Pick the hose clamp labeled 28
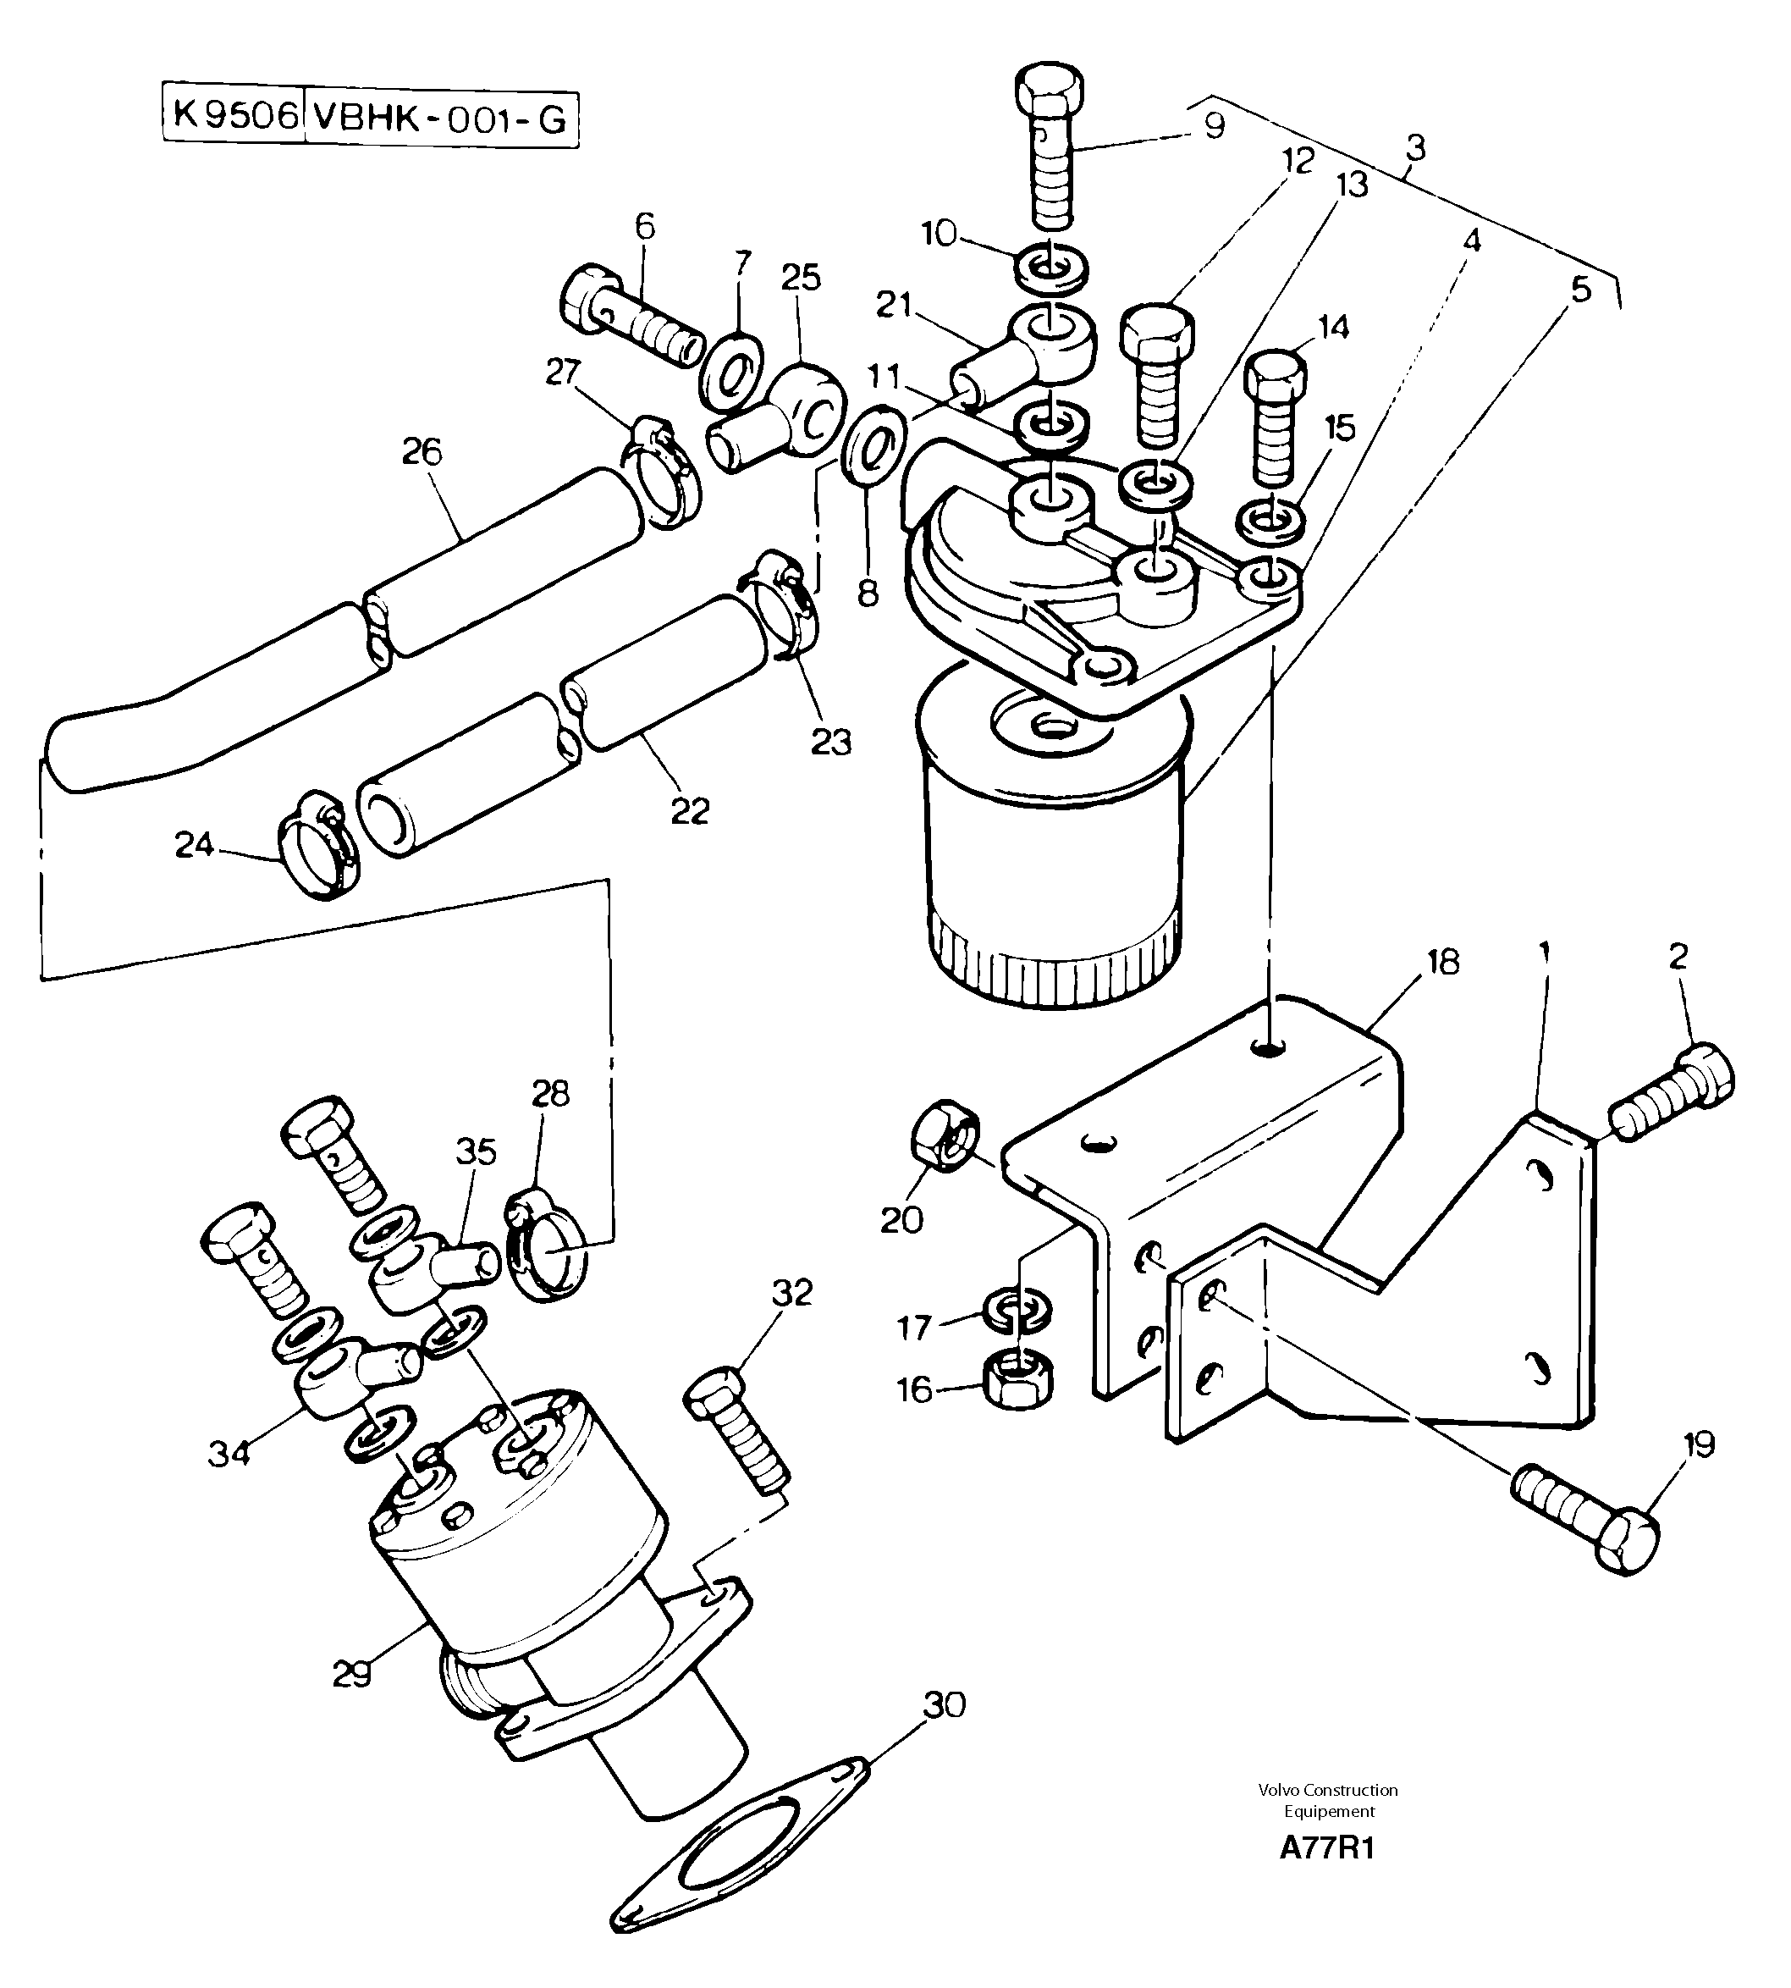[x=546, y=1250]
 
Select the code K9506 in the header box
[x=234, y=116]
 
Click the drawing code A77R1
[x=1326, y=1848]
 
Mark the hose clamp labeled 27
[x=664, y=472]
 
